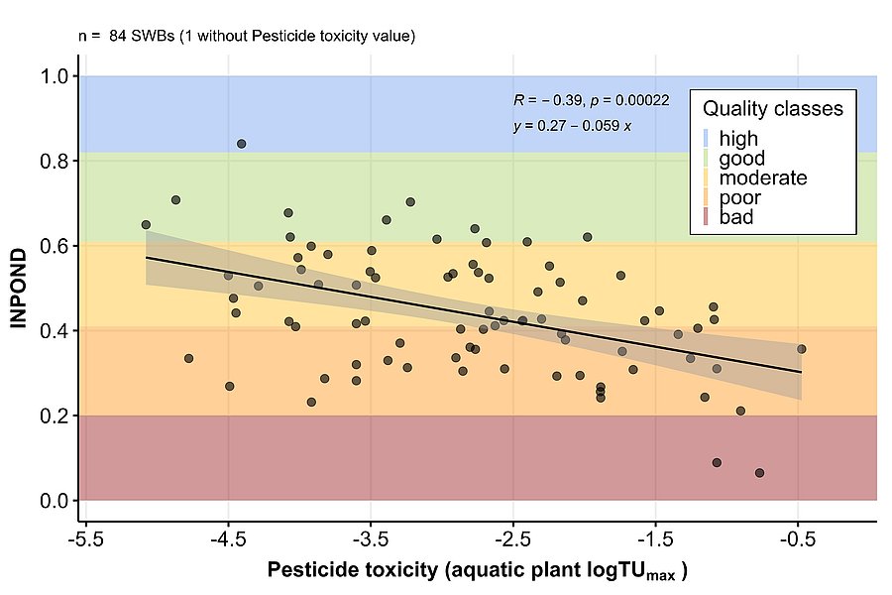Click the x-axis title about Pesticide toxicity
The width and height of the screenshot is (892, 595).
[477, 571]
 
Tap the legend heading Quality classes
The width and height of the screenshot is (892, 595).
[773, 108]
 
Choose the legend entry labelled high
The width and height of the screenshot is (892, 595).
[737, 139]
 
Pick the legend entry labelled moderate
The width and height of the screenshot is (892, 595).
[762, 178]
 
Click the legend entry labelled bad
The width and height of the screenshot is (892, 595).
[735, 217]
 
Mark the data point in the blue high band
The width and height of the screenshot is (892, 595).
[241, 144]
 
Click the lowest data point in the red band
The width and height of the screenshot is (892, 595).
[759, 473]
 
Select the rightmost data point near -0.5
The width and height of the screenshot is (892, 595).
[801, 349]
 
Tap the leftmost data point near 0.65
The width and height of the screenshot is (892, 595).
[146, 225]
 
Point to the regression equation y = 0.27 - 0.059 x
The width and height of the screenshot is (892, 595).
[572, 126]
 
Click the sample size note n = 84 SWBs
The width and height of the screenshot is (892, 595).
[246, 36]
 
